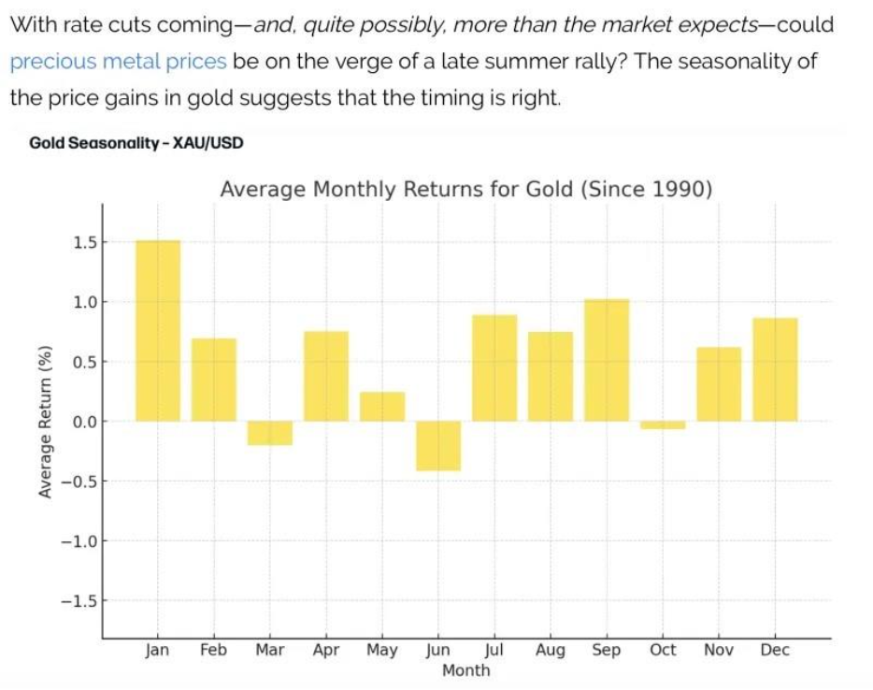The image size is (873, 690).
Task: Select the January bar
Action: (x=158, y=331)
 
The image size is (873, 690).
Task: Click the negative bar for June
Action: (x=438, y=445)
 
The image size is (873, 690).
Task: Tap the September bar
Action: (x=607, y=360)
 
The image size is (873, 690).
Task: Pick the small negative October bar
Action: (x=663, y=425)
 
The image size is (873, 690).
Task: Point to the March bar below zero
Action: (x=270, y=433)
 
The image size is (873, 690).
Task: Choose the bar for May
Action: (x=382, y=407)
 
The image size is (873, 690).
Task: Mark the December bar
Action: (x=775, y=369)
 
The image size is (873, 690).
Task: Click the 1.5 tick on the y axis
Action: (x=83, y=242)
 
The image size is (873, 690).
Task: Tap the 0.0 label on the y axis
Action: (x=83, y=422)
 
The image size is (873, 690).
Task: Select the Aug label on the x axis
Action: (x=551, y=650)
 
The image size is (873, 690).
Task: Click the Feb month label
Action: (x=213, y=650)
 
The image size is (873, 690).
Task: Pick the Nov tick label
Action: (x=719, y=650)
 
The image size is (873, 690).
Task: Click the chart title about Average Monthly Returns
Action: (x=466, y=190)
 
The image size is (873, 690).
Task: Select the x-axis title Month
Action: (x=465, y=670)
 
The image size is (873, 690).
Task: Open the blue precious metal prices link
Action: (x=119, y=62)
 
